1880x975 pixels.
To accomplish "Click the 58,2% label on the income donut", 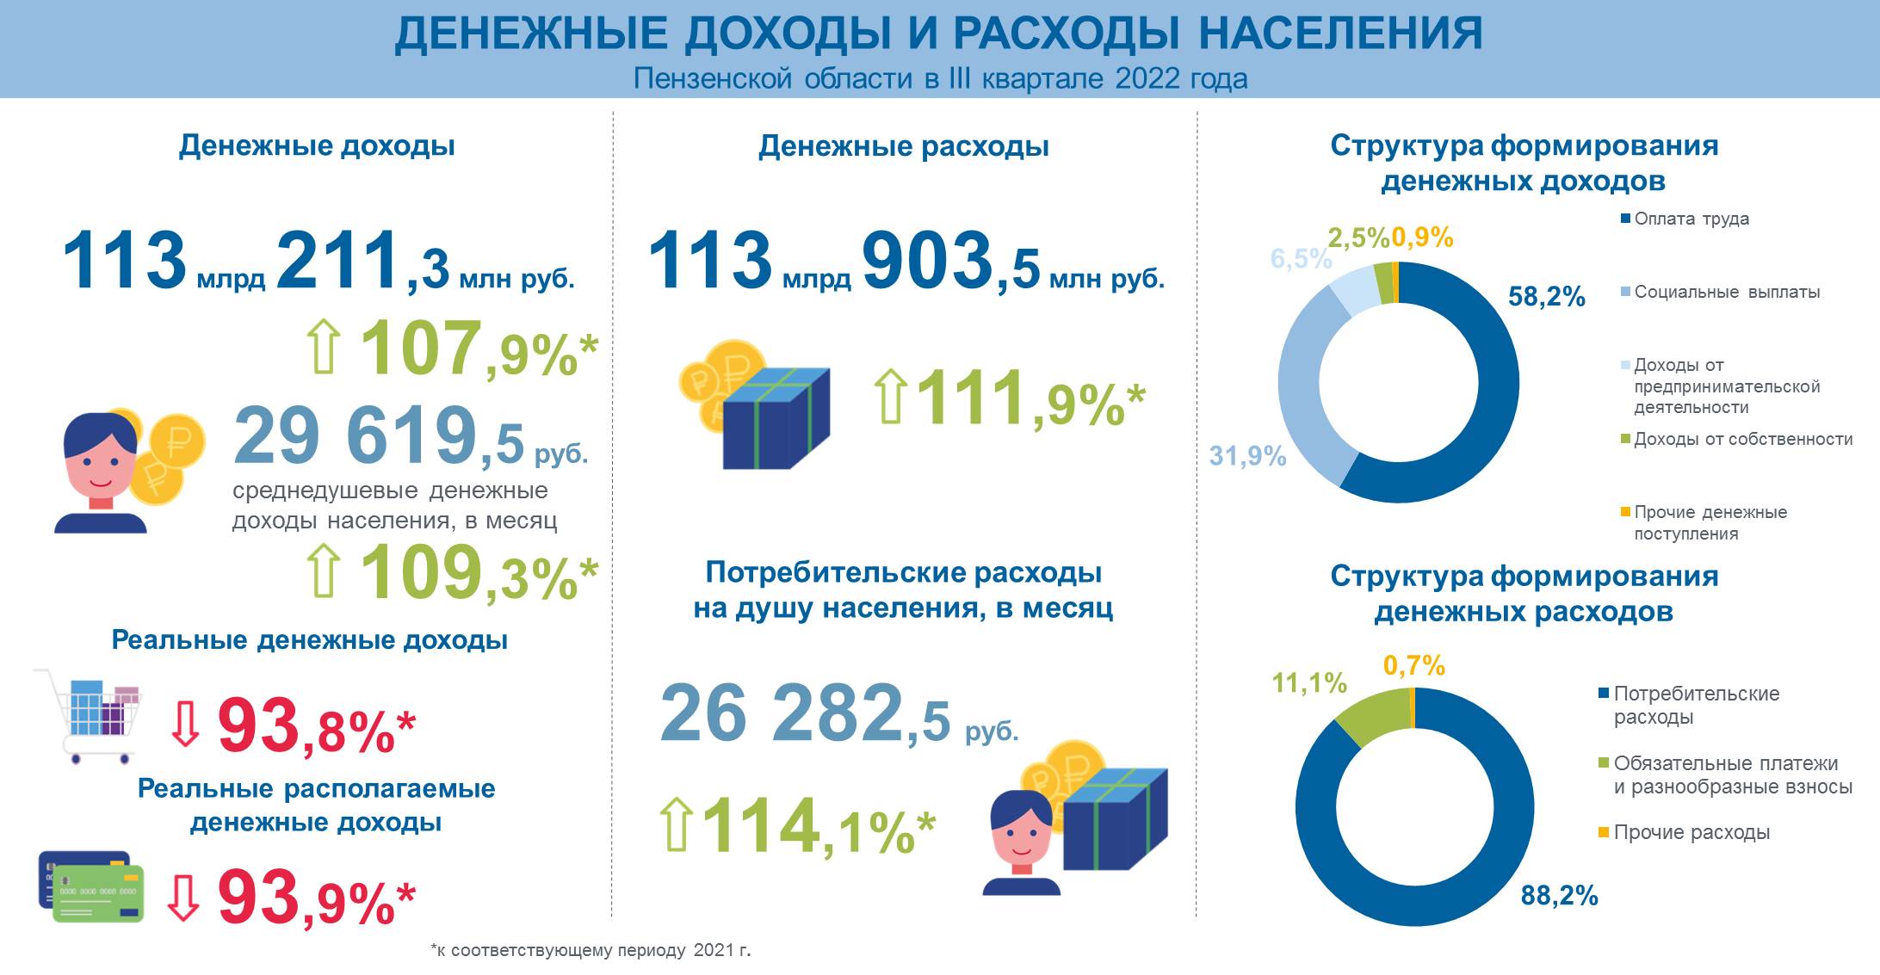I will tap(1546, 297).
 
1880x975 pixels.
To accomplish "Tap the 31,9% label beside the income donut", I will tap(1247, 456).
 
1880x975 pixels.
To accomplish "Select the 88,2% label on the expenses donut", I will tap(1559, 896).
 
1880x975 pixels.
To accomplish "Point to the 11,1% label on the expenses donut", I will tap(1309, 683).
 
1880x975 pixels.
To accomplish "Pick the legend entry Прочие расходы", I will tap(1691, 832).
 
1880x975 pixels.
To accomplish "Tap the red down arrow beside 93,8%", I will tap(185, 724).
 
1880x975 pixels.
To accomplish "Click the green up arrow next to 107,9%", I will tap(324, 346).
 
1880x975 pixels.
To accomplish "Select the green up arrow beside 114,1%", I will tap(676, 824).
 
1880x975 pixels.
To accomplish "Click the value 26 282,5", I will tap(805, 714).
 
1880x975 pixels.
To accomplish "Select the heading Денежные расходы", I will tap(904, 146).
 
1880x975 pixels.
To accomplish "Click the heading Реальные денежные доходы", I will tap(310, 640).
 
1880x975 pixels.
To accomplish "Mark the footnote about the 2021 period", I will tap(591, 951).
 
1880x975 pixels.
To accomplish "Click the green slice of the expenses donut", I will tap(1371, 713).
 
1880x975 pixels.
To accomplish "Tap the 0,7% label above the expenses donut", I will tap(1413, 665).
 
